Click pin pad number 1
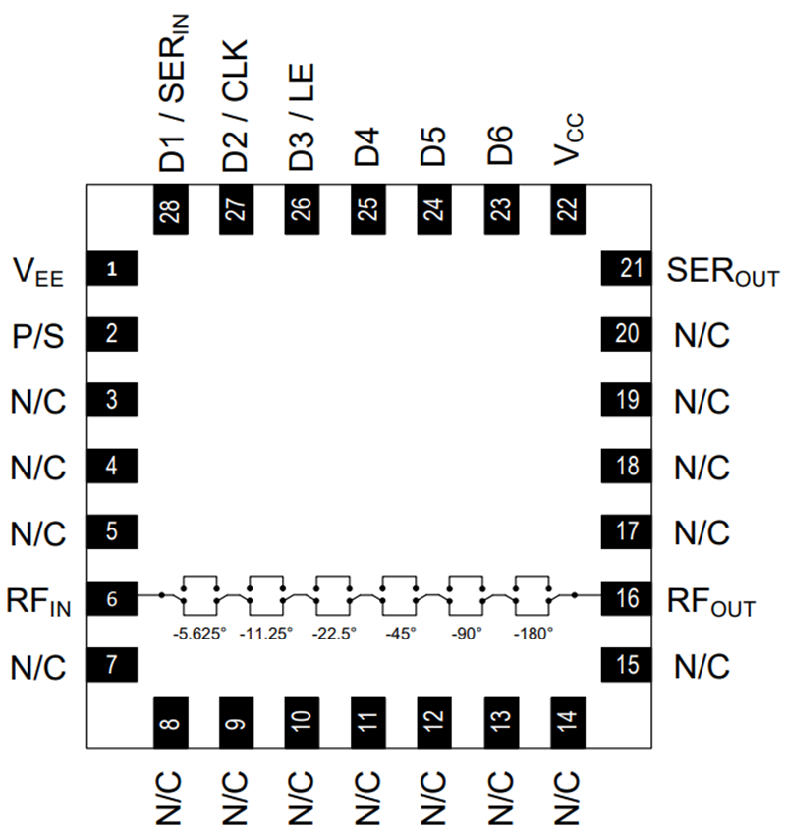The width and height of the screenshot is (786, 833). click(112, 268)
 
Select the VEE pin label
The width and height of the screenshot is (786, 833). click(38, 271)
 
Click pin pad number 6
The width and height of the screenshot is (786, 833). click(112, 597)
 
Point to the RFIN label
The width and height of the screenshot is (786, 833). click(38, 600)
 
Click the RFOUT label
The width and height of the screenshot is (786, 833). click(712, 600)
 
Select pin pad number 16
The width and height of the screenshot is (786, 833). click(626, 597)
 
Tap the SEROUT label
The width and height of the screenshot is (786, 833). click(723, 271)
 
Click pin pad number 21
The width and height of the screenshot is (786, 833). click(626, 268)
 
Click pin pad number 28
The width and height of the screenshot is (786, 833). click(173, 208)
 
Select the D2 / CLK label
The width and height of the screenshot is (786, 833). click(237, 106)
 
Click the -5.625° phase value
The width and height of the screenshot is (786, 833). click(198, 634)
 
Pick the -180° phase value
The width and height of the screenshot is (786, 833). click(533, 634)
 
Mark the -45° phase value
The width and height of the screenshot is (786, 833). click(400, 634)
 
